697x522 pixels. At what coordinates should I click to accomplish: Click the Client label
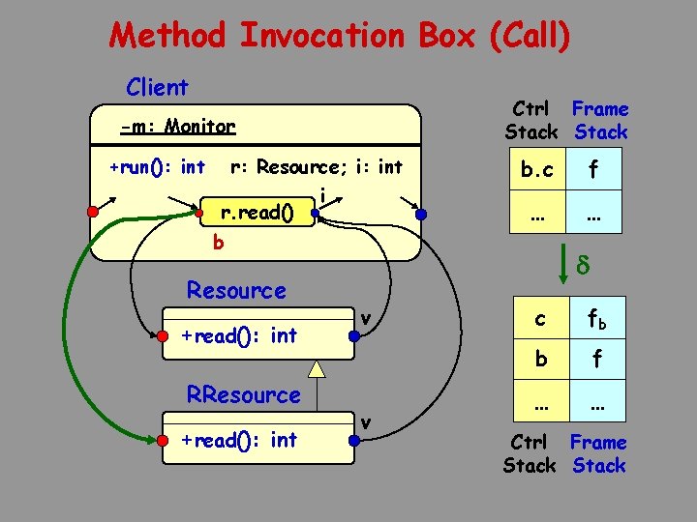[157, 87]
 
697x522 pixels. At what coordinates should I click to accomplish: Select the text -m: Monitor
[177, 126]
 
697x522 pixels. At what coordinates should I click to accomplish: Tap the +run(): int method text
[157, 167]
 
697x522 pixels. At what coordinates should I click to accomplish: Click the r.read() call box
[258, 212]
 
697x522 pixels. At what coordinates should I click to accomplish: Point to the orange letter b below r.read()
[218, 243]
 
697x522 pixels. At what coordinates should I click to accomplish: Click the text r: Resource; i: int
[316, 167]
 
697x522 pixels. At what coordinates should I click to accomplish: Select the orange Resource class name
[236, 290]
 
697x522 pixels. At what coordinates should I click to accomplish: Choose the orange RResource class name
[243, 394]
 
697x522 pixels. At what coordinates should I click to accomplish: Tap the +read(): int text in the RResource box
[239, 440]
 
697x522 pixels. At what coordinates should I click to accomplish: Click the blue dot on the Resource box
[355, 337]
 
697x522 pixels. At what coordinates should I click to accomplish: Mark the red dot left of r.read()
[198, 212]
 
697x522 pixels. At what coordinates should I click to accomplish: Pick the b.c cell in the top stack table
[536, 171]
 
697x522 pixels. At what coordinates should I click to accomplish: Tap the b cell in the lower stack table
[540, 359]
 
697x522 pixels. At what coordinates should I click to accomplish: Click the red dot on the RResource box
[162, 441]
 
